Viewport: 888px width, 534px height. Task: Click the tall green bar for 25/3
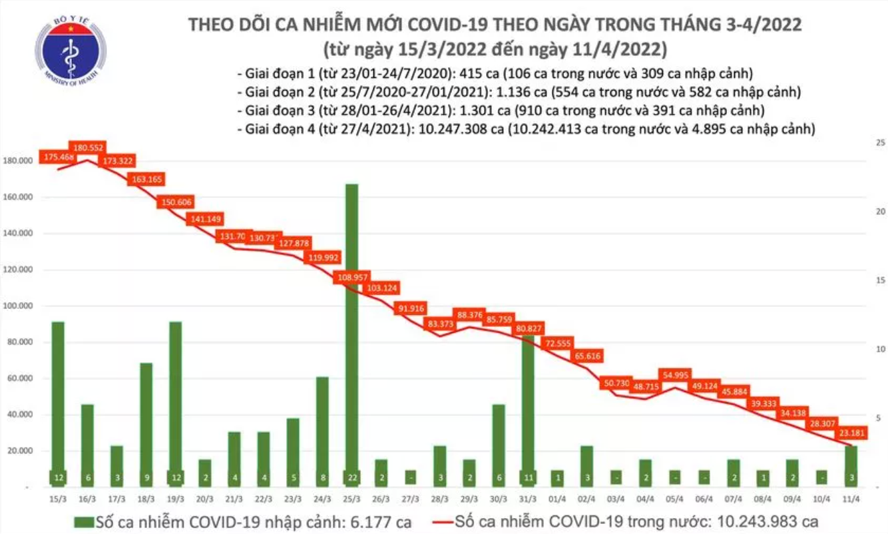351,333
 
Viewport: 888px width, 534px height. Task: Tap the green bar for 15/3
59,400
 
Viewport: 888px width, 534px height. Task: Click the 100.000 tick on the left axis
22,306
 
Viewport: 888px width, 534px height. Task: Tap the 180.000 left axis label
22,162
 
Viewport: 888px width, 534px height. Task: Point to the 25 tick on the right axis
879,143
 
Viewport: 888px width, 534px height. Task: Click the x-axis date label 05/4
675,499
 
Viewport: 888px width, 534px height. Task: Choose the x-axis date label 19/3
176,499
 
